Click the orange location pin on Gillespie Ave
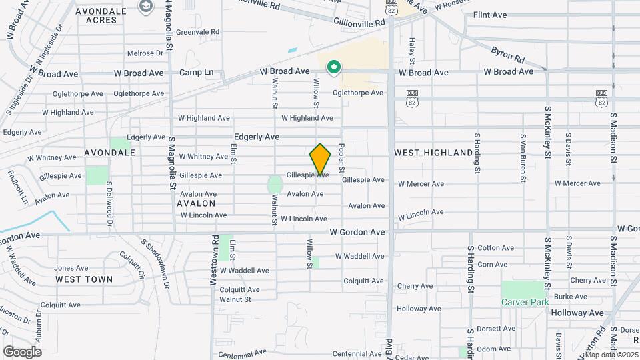(321, 159)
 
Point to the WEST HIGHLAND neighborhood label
(433, 153)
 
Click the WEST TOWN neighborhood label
(84, 279)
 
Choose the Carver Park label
(525, 302)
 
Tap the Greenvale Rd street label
(197, 31)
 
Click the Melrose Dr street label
(145, 53)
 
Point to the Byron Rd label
(508, 52)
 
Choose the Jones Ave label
(71, 268)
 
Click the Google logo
(22, 351)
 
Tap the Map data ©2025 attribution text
(611, 354)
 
